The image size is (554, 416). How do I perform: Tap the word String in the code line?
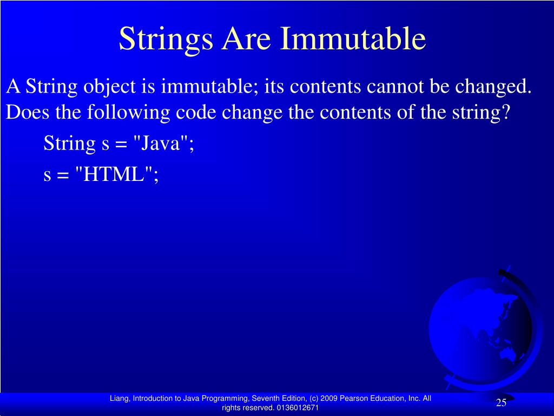point(69,144)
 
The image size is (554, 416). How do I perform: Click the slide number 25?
point(501,402)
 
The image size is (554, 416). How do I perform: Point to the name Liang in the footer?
point(119,398)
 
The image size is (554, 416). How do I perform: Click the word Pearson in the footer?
point(354,398)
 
